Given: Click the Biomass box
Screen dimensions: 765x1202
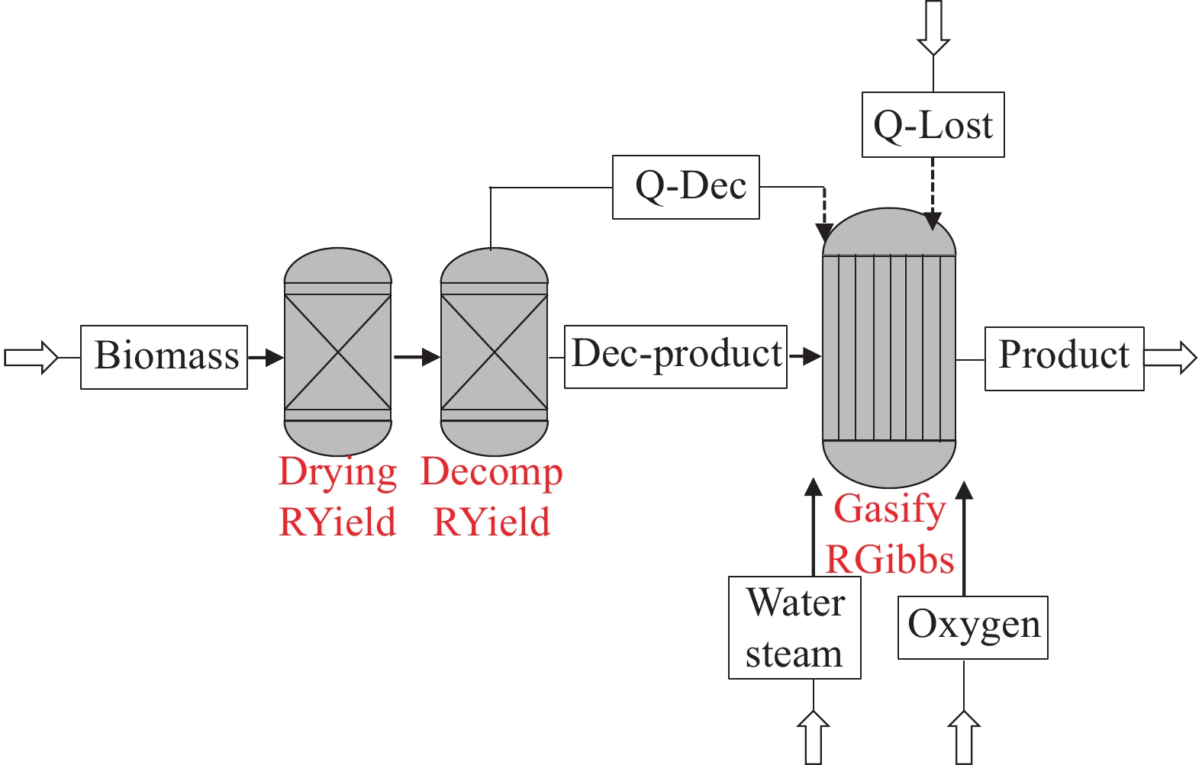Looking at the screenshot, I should (x=164, y=357).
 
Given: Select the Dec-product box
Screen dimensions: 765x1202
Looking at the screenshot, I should (x=675, y=356).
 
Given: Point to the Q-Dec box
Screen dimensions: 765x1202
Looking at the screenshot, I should (x=685, y=187).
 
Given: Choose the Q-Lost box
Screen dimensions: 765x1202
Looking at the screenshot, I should (x=933, y=125).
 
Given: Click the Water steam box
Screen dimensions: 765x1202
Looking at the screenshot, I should (x=794, y=627).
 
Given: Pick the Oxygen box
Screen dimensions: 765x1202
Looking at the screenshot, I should (x=972, y=627).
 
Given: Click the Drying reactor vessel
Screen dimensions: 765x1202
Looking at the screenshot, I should (x=337, y=352).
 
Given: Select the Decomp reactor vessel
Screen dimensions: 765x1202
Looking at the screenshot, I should (x=494, y=352).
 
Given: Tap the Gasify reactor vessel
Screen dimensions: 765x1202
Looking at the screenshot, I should (x=888, y=347).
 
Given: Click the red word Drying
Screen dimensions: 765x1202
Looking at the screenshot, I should (x=337, y=473).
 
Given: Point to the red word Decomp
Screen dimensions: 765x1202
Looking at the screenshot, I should (x=491, y=473).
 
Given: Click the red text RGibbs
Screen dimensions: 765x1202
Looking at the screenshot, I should (x=890, y=561).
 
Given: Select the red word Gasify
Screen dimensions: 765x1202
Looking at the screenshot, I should (x=890, y=509).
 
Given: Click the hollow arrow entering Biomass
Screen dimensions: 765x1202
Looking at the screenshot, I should (x=31, y=357).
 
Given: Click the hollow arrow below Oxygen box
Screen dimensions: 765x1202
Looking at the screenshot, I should (x=964, y=737).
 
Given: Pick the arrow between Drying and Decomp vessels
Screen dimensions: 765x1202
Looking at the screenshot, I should (x=417, y=356).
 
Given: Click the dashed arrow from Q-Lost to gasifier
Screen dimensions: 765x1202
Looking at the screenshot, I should (x=933, y=194).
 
